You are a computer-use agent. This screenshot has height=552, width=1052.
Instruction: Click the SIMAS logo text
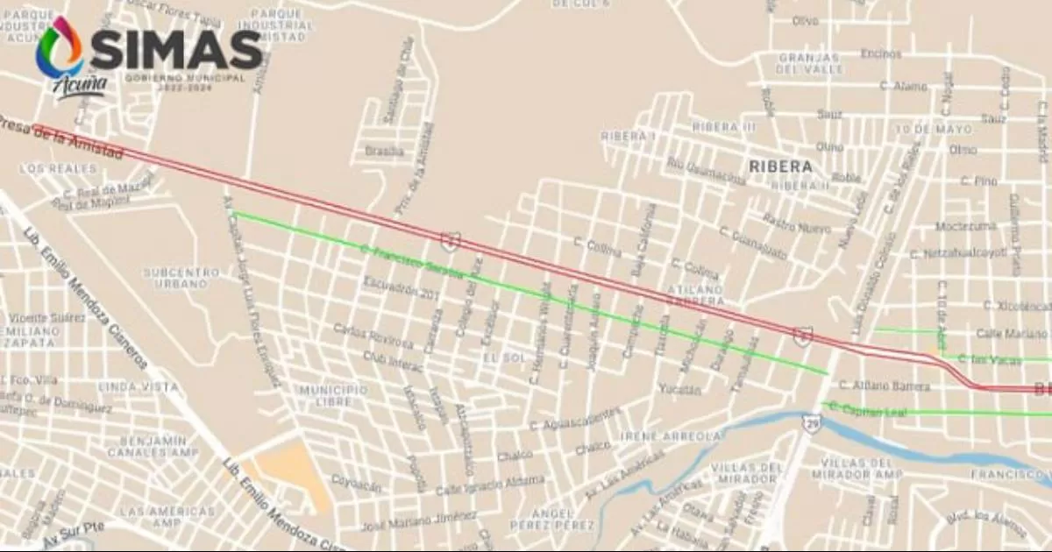175,51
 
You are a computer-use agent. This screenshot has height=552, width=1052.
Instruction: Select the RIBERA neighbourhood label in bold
779,166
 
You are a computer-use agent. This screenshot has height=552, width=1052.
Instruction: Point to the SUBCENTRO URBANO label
181,279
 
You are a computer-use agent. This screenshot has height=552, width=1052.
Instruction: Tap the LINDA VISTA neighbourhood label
131,386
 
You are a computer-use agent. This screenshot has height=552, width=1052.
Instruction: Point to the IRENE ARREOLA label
671,436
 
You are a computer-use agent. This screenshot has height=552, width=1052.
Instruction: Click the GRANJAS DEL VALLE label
810,63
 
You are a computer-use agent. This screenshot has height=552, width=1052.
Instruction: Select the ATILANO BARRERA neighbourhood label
695,294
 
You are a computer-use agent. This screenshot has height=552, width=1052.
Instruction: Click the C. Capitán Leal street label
867,410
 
